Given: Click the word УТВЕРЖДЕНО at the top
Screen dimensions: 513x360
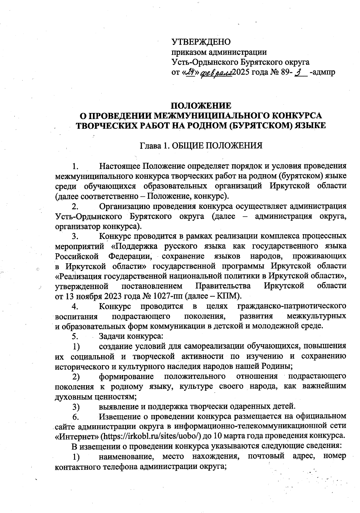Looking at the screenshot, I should (201, 42).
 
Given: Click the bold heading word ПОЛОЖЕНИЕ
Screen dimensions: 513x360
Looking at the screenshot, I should (201, 106).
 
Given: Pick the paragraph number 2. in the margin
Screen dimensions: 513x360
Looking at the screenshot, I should (75, 206).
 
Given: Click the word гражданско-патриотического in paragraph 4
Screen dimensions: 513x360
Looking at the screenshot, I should (292, 306).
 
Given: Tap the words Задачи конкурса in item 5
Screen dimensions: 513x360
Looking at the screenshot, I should (131, 336).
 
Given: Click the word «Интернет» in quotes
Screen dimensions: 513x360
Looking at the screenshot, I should (77, 435).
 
